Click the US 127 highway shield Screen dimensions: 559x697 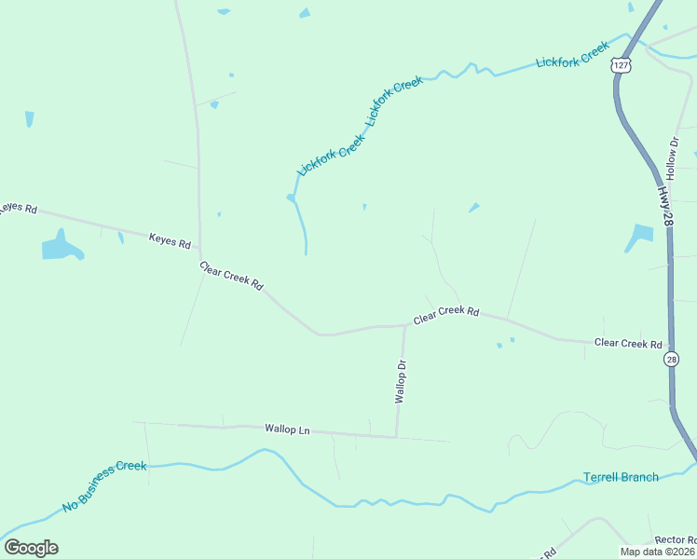pos(622,63)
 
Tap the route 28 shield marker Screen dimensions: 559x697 pos(672,360)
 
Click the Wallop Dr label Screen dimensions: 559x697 pos(402,381)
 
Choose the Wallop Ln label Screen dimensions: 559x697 pos(287,429)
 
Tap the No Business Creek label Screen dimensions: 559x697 pos(104,486)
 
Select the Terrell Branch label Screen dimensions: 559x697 pos(621,477)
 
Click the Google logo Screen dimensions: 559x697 pos(31,548)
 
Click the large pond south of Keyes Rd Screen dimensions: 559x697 pos(61,246)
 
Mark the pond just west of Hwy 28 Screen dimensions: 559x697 pos(640,237)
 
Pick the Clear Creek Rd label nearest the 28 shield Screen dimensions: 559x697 pos(627,344)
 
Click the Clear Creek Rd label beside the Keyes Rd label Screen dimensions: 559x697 pos(231,275)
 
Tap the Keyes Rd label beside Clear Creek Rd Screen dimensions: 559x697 pos(170,240)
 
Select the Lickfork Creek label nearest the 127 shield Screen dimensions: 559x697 pos(572,55)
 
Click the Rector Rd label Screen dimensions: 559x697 pos(675,540)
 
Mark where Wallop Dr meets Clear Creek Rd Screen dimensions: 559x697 pos(404,326)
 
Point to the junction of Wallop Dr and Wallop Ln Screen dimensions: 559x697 pos(397,436)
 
